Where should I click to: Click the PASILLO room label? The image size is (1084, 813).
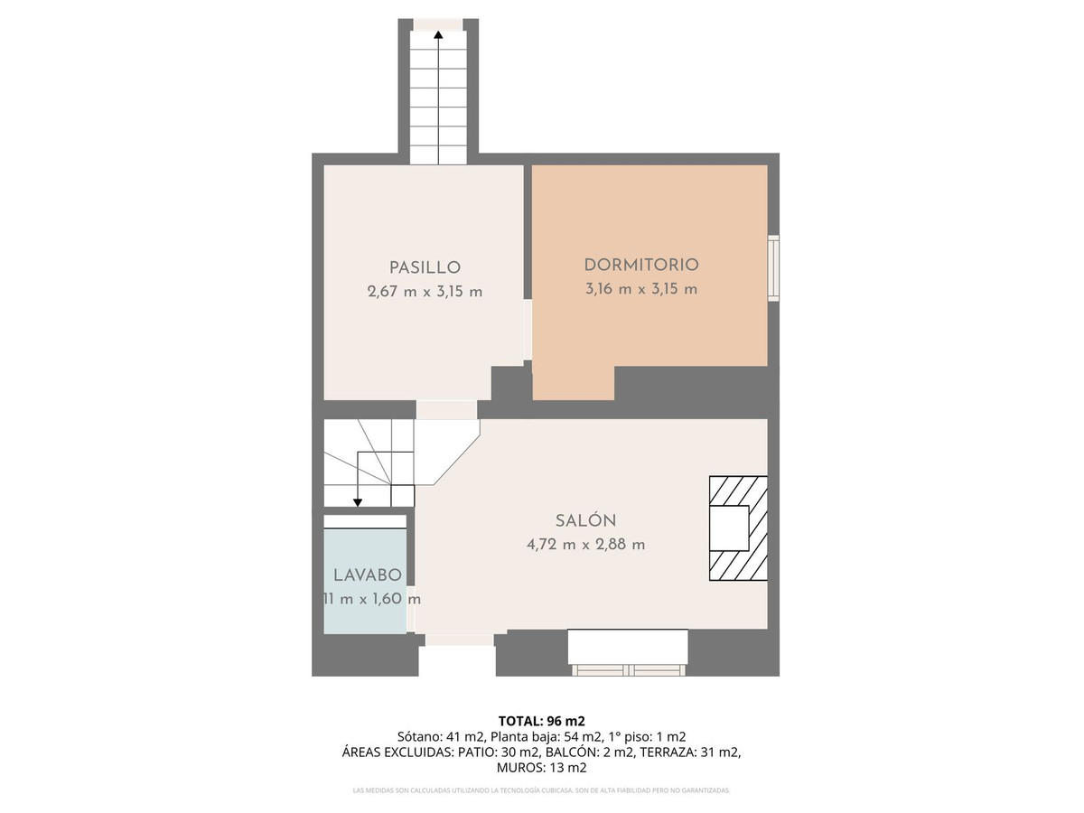(425, 267)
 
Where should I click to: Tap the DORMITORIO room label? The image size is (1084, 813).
(641, 265)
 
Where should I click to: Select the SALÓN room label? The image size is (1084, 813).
(585, 520)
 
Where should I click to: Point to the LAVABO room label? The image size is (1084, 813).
(367, 575)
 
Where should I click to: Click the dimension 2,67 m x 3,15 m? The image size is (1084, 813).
(425, 292)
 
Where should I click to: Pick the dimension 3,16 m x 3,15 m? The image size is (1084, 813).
(641, 289)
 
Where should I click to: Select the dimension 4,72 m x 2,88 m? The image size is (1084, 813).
(585, 545)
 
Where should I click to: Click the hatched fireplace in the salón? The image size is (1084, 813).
(737, 528)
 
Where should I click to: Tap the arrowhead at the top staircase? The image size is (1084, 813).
(438, 35)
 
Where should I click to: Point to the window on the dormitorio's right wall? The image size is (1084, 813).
(773, 267)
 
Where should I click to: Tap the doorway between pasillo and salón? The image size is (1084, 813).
(446, 410)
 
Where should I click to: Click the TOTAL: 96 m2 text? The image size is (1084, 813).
(542, 721)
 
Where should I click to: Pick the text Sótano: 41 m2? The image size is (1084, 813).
(440, 736)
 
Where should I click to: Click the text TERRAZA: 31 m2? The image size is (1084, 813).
(705, 752)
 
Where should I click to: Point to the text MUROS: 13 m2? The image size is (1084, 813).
(542, 768)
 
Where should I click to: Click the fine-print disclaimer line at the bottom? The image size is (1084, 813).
(542, 790)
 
